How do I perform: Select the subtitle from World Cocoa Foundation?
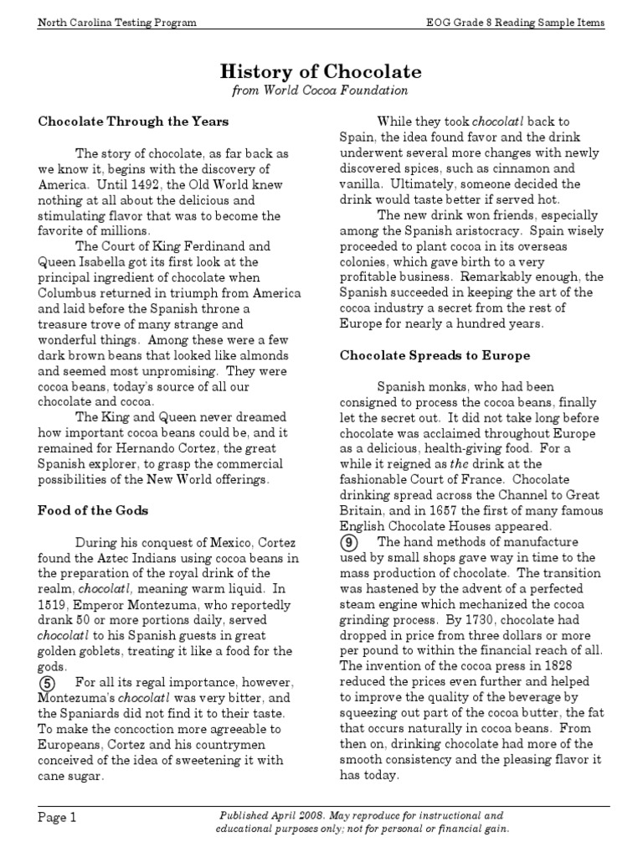321,90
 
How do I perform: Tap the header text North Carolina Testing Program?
117,23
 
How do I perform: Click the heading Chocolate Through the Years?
133,121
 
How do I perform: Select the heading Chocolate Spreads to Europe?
435,355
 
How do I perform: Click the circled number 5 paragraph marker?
49,682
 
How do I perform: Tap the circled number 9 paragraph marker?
350,543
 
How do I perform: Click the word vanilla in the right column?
362,183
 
